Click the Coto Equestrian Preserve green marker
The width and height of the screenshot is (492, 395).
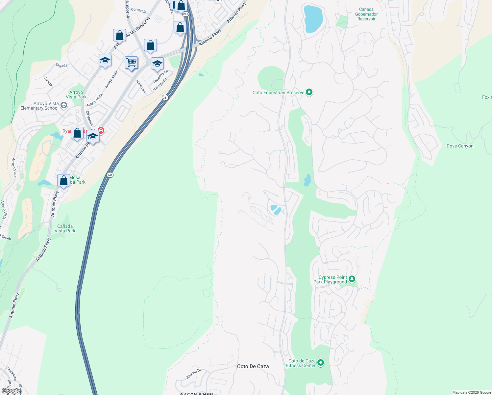pyautogui.click(x=309, y=92)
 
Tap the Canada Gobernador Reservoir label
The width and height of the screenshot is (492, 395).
pyautogui.click(x=366, y=14)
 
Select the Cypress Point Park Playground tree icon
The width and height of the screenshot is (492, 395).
pyautogui.click(x=352, y=279)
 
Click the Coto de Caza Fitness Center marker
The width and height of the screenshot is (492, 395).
pyautogui.click(x=320, y=363)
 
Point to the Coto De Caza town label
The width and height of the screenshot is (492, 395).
pyautogui.click(x=253, y=366)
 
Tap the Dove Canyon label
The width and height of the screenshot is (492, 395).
pyautogui.click(x=460, y=146)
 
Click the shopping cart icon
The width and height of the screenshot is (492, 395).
pyautogui.click(x=131, y=62)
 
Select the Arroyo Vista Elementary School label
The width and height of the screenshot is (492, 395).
pyautogui.click(x=39, y=106)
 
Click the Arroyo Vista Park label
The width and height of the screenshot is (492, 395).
pyautogui.click(x=76, y=94)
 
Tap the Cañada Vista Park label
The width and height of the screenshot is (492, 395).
pyautogui.click(x=65, y=228)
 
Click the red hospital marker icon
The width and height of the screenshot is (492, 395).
pyautogui.click(x=101, y=131)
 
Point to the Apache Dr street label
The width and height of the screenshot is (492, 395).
pyautogui.click(x=193, y=374)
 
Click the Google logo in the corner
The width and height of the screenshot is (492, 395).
pyautogui.click(x=11, y=391)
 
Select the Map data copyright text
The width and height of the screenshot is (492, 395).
pyautogui.click(x=471, y=392)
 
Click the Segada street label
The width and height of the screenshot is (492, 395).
pyautogui.click(x=61, y=65)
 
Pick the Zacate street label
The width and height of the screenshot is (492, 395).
pyautogui.click(x=48, y=81)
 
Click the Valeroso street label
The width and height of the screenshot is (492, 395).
pyautogui.click(x=141, y=86)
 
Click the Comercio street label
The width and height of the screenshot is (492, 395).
pyautogui.click(x=138, y=10)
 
